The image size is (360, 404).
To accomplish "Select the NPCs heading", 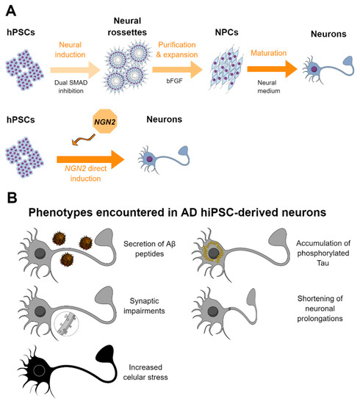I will (242, 33).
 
